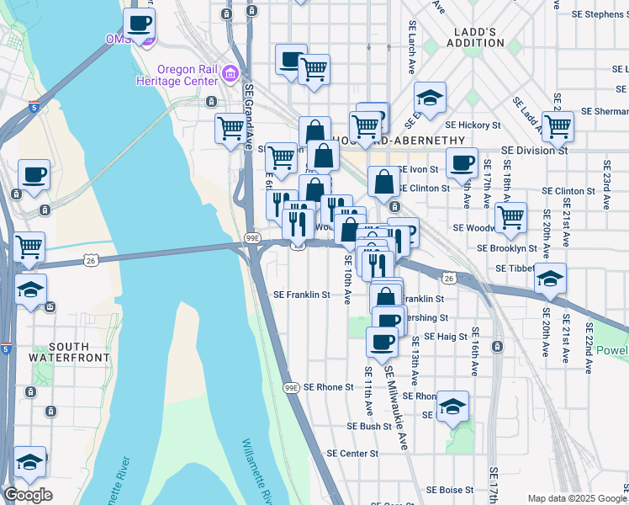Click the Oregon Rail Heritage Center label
(178, 75)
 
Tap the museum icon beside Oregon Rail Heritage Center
(227, 75)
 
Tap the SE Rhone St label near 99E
(329, 387)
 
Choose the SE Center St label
(351, 453)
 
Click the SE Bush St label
(369, 426)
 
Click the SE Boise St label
(452, 490)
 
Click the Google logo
(28, 494)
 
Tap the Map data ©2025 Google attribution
(576, 498)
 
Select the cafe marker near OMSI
(140, 24)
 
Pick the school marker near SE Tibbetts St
(551, 279)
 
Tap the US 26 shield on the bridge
(90, 262)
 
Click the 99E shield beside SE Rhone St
(291, 387)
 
